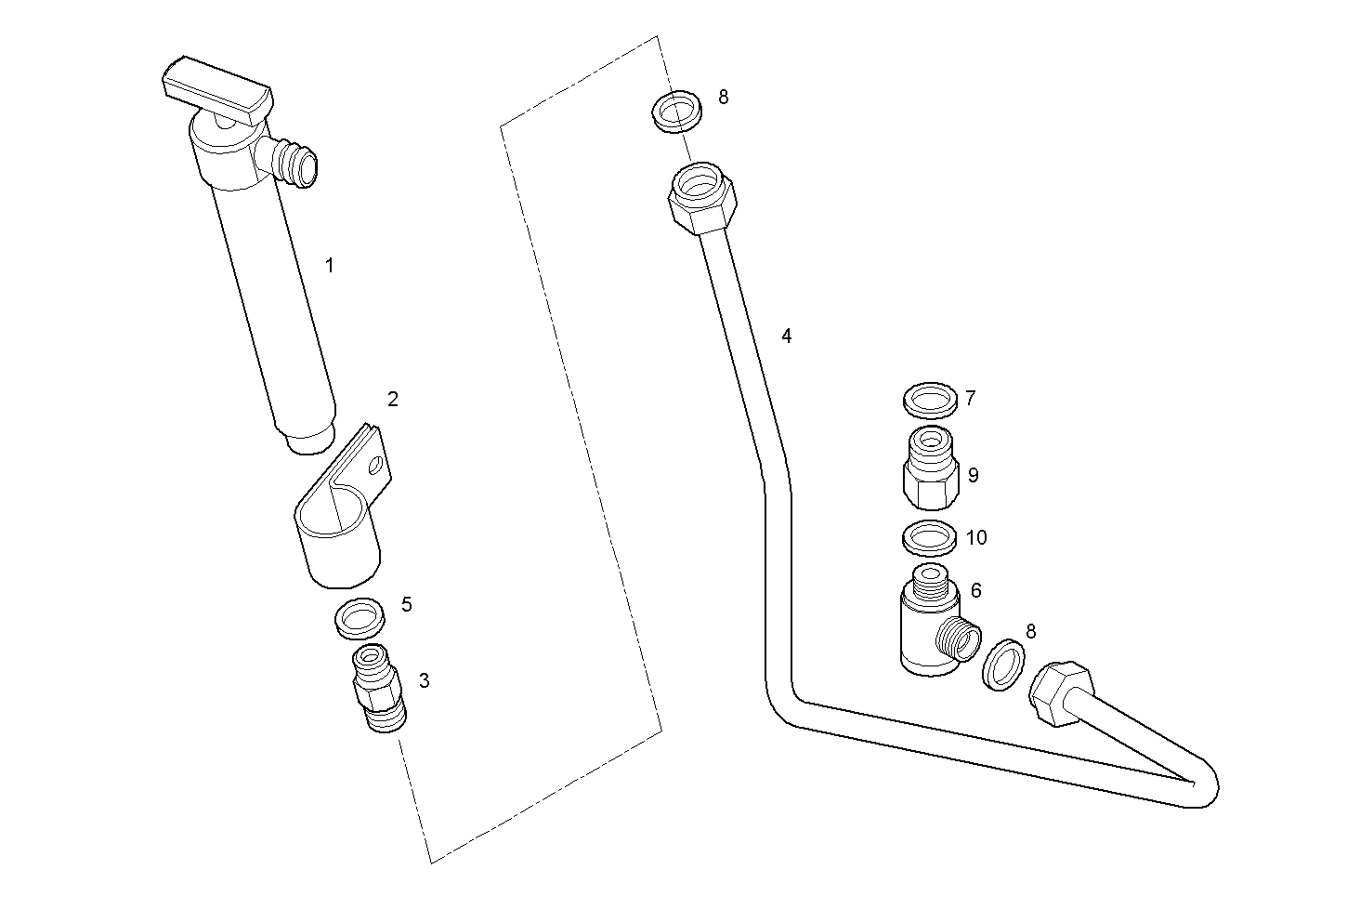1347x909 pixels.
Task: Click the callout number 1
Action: [329, 266]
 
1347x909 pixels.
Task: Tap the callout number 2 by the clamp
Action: [392, 400]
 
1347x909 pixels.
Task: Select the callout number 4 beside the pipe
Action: [786, 336]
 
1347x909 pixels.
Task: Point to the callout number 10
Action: [975, 538]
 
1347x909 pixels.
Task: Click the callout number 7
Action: [970, 399]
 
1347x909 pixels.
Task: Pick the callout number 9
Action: [973, 475]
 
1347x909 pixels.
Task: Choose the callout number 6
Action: [975, 591]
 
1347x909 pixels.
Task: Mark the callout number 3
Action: [424, 680]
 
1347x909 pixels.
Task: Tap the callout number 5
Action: [406, 605]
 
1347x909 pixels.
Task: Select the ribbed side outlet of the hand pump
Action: [298, 163]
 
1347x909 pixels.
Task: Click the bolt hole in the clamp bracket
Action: [376, 466]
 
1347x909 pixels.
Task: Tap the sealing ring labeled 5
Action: [360, 618]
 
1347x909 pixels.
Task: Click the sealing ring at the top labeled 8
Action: [675, 111]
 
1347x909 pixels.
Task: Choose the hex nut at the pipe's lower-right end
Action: [1061, 694]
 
